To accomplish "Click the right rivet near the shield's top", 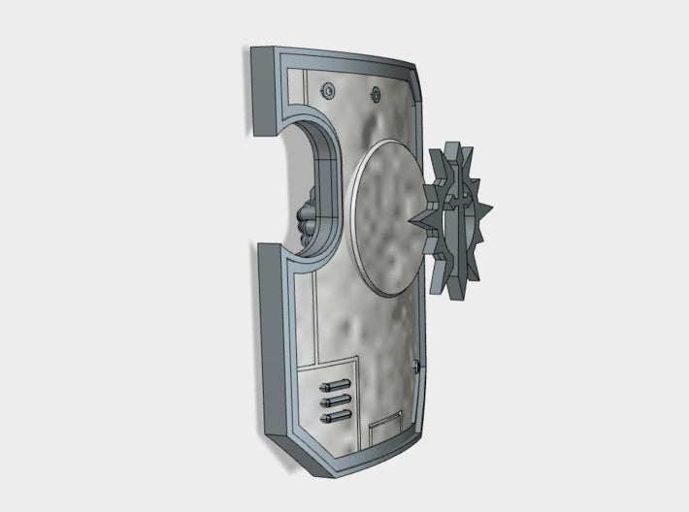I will point(376,94).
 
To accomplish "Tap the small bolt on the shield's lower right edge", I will point(416,367).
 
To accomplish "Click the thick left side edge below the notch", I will point(269,339).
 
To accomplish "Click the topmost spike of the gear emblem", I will point(448,148).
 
